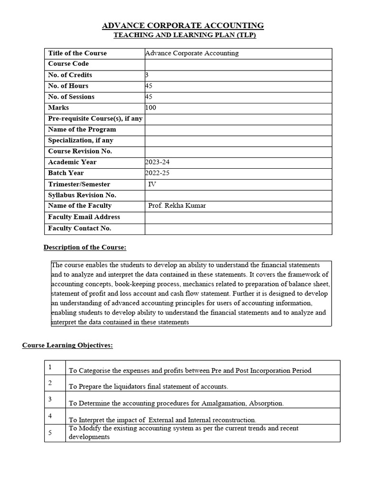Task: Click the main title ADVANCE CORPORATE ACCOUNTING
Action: click(183, 25)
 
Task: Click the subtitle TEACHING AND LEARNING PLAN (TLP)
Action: click(184, 36)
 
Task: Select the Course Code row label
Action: click(68, 64)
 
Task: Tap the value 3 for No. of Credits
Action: click(147, 75)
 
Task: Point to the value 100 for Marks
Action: click(151, 108)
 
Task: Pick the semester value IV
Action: click(152, 184)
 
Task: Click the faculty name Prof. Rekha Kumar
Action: click(177, 206)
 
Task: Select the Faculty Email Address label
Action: click(84, 217)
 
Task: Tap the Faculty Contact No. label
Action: click(80, 228)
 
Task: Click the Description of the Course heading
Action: click(85, 247)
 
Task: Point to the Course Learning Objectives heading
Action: click(67, 345)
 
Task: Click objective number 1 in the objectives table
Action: click(50, 367)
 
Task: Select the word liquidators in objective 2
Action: click(127, 386)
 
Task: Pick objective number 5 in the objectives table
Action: click(50, 432)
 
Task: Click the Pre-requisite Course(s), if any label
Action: click(95, 119)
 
